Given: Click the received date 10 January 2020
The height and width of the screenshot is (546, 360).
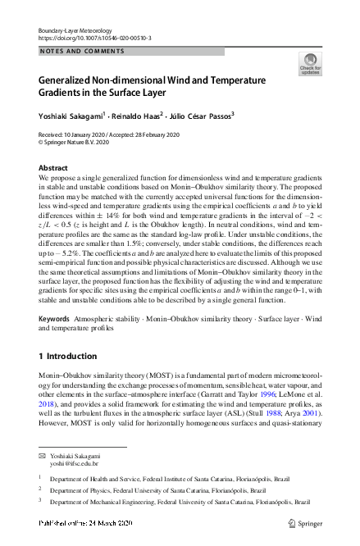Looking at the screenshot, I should tap(80, 134).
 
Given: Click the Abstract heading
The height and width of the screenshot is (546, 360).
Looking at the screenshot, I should tap(53, 167).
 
